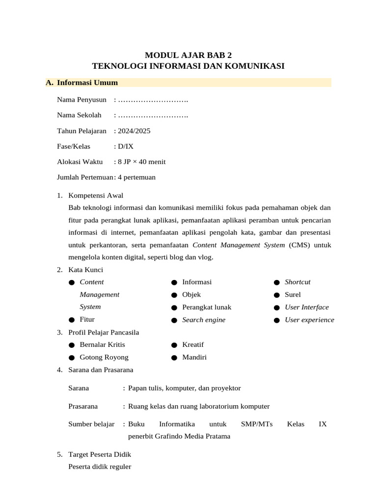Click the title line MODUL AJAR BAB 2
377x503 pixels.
pos(188,55)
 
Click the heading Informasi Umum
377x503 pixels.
pos(87,83)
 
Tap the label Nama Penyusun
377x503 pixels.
pos(81,100)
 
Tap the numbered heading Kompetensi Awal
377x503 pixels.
pos(96,196)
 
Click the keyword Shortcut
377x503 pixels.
pos(297,282)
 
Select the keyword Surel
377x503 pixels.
pos(293,295)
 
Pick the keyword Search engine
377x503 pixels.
pos(204,320)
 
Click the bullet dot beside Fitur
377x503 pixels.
pos(72,320)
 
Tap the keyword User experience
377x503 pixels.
pos(309,320)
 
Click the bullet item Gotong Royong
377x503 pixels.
pos(104,357)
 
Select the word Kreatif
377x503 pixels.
pos(193,345)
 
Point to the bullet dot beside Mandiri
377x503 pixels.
pos(174,358)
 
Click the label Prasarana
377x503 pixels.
pos(83,406)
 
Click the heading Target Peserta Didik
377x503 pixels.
pos(100,454)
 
